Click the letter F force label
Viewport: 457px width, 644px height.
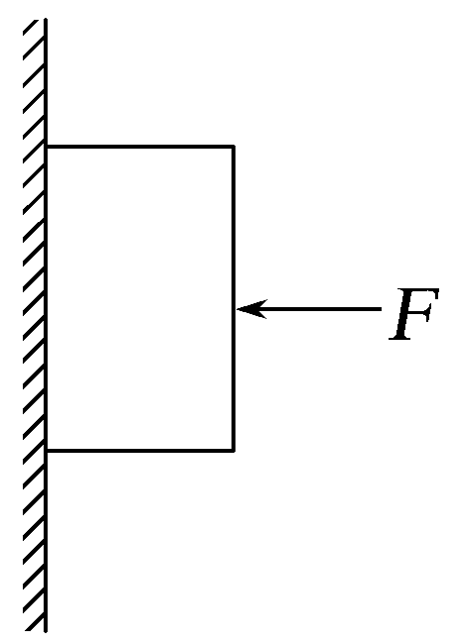pyautogui.click(x=413, y=314)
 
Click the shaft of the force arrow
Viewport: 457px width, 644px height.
pyautogui.click(x=309, y=309)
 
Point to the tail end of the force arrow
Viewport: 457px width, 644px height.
pyautogui.click(x=382, y=309)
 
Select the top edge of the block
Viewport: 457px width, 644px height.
pyautogui.click(x=140, y=147)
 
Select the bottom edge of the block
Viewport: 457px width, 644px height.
pyautogui.click(x=140, y=451)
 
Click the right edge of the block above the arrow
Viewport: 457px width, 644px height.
pyautogui.click(x=233, y=226)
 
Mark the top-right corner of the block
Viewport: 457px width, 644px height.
pyautogui.click(x=233, y=146)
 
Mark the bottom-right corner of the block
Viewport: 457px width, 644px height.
pyautogui.click(x=233, y=451)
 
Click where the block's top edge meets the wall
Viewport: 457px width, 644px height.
pyautogui.click(x=47, y=147)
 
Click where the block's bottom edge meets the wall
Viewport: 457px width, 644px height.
pyautogui.click(x=47, y=451)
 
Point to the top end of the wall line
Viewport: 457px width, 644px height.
pyautogui.click(x=46, y=19)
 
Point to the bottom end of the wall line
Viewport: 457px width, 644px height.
pyautogui.click(x=46, y=632)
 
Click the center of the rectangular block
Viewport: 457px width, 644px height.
pyautogui.click(x=140, y=298)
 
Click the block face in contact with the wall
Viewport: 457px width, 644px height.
pyautogui.click(x=47, y=298)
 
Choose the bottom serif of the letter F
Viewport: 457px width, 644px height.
pyautogui.click(x=400, y=338)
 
